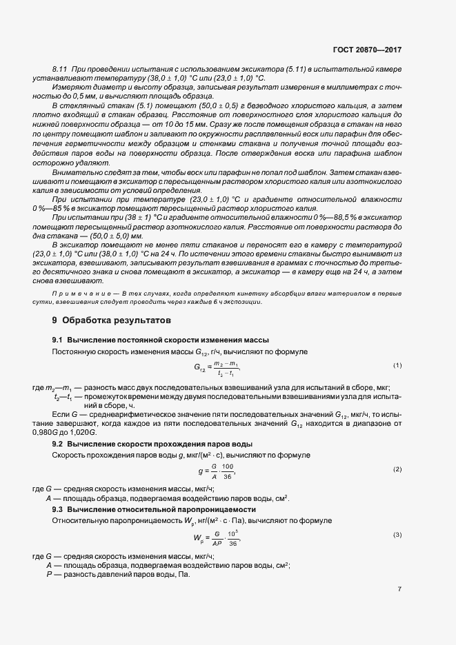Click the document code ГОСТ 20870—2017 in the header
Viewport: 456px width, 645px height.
click(x=367, y=50)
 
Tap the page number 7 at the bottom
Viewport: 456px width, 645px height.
click(x=399, y=588)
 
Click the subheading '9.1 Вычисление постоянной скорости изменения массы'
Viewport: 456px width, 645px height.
click(x=160, y=340)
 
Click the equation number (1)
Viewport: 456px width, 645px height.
click(x=397, y=365)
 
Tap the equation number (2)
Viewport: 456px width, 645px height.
click(x=397, y=469)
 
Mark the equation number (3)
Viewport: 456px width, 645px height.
click(x=397, y=535)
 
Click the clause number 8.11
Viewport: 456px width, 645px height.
click(x=59, y=71)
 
